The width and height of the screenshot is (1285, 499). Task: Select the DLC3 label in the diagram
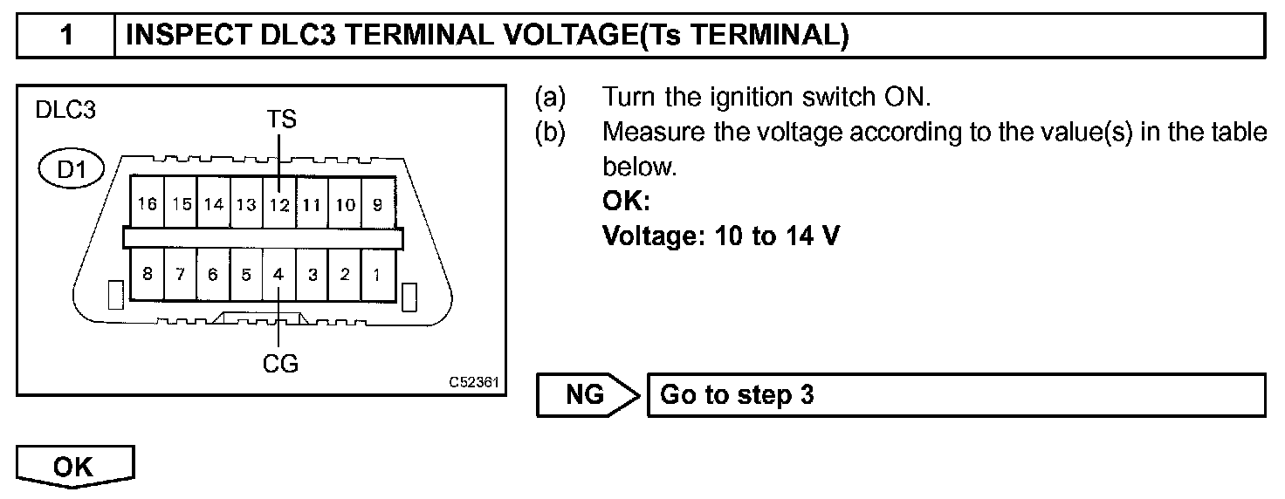point(65,113)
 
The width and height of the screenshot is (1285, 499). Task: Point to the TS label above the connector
point(280,120)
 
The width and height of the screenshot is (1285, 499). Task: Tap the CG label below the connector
point(280,363)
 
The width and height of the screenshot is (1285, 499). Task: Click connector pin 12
point(279,205)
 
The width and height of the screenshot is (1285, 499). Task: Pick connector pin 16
point(147,205)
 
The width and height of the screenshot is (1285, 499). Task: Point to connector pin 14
point(213,205)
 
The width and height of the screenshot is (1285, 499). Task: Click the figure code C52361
point(473,383)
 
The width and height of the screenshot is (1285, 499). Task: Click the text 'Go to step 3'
point(738,394)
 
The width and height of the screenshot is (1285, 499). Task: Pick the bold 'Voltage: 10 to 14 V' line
point(721,236)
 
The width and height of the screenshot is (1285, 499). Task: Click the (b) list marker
point(550,132)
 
